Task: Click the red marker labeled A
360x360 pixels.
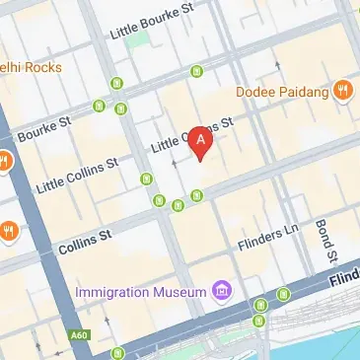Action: coord(201,143)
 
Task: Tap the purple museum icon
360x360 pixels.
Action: coord(223,291)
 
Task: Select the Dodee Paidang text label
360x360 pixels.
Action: coord(282,92)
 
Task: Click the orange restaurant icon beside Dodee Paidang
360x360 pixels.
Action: coord(343,91)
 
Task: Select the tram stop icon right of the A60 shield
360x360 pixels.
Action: coord(118,352)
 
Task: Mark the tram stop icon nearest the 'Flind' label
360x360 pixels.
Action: coord(284,294)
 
